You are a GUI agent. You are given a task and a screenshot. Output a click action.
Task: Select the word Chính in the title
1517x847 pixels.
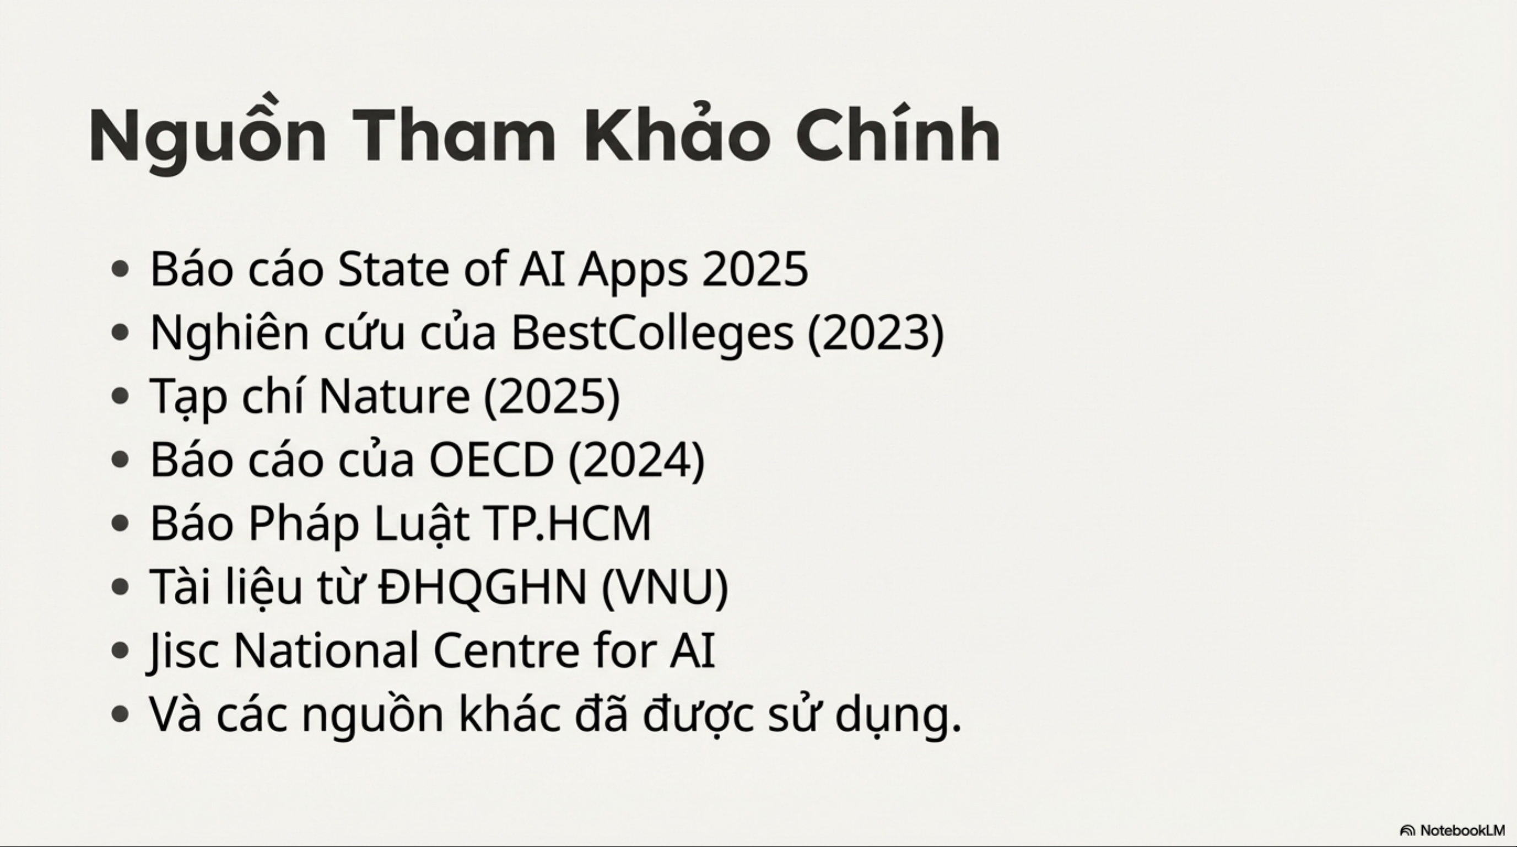pyautogui.click(x=898, y=133)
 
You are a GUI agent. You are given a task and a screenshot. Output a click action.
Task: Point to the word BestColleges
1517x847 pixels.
pyautogui.click(x=652, y=333)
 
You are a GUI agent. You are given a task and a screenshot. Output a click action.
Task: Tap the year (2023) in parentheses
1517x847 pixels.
pyautogui.click(x=876, y=333)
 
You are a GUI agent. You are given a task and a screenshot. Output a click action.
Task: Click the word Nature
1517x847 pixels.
pyautogui.click(x=395, y=396)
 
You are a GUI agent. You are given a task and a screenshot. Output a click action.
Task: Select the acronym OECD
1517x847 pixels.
pyautogui.click(x=492, y=460)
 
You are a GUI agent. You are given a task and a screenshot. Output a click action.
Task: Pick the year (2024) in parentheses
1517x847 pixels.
pyautogui.click(x=636, y=461)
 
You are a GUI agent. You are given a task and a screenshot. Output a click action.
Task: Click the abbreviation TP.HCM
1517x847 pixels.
pyautogui.click(x=567, y=523)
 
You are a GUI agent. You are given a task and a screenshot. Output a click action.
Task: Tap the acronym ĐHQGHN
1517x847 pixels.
pyautogui.click(x=483, y=587)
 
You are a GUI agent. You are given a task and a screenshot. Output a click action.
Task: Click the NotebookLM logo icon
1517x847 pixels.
pyautogui.click(x=1407, y=830)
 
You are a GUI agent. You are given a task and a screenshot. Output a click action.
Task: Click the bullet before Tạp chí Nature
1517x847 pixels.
pyautogui.click(x=120, y=396)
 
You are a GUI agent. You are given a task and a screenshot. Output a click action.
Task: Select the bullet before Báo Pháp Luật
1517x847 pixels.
pyautogui.click(x=120, y=523)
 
